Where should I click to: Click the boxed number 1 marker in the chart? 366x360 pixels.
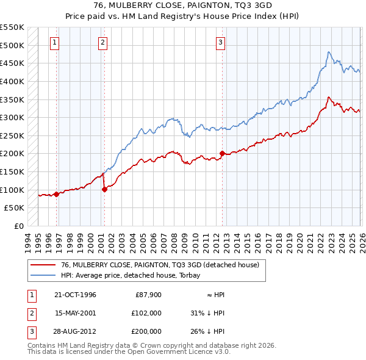tap(55, 42)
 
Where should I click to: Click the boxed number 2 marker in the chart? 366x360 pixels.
tap(102, 42)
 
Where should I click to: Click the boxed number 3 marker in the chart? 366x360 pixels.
tap(220, 42)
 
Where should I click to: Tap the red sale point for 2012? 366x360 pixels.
tap(222, 153)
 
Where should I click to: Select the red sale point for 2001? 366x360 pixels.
tap(104, 189)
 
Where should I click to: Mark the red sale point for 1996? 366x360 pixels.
tap(57, 194)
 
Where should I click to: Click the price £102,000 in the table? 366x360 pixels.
tap(146, 313)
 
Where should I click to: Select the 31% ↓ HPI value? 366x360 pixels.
tap(207, 313)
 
